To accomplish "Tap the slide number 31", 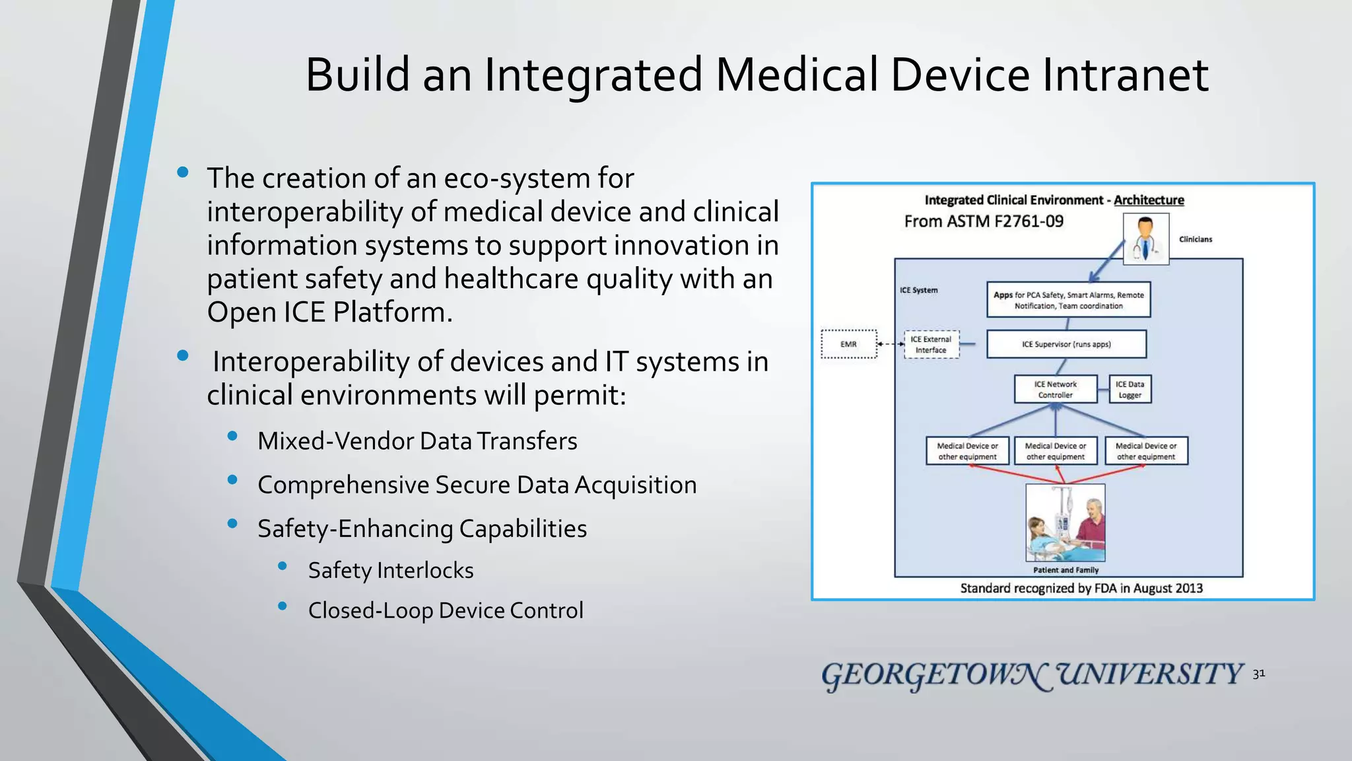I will pos(1258,674).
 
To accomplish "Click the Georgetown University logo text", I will pos(1032,675).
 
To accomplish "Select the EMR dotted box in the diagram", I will pos(849,344).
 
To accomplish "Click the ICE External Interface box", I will pos(931,344).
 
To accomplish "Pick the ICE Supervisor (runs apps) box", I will pos(1066,344).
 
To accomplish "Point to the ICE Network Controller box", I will pos(1055,389).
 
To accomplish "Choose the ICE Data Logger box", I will pos(1130,389).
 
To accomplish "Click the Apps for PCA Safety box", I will pos(1068,301).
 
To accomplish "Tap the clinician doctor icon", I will pos(1146,239).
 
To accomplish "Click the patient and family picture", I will pos(1065,523).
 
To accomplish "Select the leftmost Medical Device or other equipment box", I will pos(967,451).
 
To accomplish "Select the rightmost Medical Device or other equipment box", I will pos(1146,451).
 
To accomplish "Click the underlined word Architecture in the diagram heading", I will pos(1149,200).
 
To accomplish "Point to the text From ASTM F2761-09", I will pos(984,221).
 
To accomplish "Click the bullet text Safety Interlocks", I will pos(391,570).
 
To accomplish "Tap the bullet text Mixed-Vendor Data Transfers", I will pos(417,441).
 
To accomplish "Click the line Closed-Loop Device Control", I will pos(446,610).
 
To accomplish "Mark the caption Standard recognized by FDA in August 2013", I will pos(1081,588).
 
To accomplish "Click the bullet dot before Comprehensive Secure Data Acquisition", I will pos(232,480).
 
